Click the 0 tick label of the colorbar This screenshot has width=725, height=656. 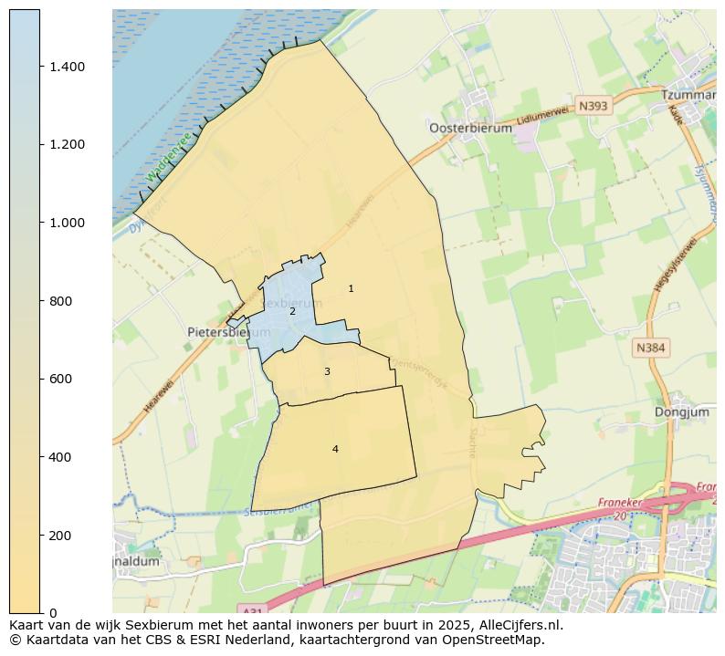53,613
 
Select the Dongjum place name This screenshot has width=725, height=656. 682,412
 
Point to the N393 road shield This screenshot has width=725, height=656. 593,106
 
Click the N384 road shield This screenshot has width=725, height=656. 652,348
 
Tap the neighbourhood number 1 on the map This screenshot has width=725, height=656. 351,288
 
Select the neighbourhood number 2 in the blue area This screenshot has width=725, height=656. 292,311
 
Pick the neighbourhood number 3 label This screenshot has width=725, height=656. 327,371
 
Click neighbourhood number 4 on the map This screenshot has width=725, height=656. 335,449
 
